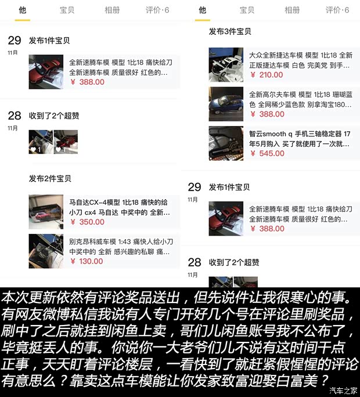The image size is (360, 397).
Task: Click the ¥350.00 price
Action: (x=87, y=222)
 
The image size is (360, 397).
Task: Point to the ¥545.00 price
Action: (x=267, y=153)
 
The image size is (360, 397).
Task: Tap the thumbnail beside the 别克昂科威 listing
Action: (x=46, y=250)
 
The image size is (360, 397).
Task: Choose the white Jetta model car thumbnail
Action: (x=226, y=63)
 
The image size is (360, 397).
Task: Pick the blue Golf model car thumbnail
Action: (x=226, y=103)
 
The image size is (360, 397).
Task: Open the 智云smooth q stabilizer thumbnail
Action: (x=226, y=143)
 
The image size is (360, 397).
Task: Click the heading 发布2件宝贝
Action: (x=50, y=178)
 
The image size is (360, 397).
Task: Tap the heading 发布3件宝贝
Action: (x=230, y=31)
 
